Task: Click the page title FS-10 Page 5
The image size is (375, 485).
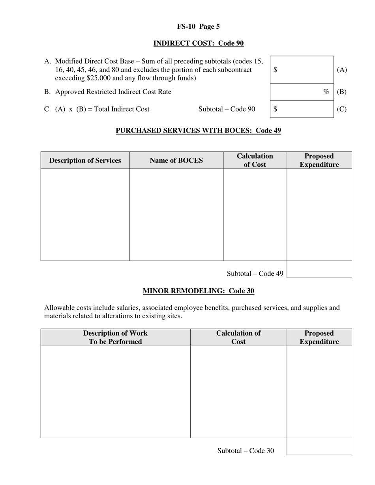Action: point(198,27)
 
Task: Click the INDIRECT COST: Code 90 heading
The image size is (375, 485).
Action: point(198,43)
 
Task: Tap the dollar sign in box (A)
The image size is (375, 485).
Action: point(275,70)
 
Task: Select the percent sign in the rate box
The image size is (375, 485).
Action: point(326,92)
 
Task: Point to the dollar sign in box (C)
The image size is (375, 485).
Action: point(275,109)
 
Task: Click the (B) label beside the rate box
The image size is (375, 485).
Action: point(341,92)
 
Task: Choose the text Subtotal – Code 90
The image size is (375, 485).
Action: point(227,109)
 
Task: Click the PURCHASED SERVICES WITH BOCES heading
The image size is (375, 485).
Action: point(198,131)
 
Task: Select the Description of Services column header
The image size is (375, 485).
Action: point(85,160)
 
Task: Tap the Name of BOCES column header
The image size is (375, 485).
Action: point(176,160)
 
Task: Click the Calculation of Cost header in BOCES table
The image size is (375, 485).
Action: point(255,160)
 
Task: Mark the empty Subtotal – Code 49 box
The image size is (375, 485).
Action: point(319,269)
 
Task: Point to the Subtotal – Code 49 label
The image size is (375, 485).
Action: point(255,274)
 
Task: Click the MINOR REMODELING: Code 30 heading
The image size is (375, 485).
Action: point(198,291)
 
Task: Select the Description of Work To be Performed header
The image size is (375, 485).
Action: point(115,338)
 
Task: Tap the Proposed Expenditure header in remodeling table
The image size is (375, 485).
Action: point(319,338)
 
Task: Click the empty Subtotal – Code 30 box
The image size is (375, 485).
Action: point(319,446)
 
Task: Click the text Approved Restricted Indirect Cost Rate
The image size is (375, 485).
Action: point(113,92)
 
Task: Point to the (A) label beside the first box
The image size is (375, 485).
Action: point(341,70)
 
